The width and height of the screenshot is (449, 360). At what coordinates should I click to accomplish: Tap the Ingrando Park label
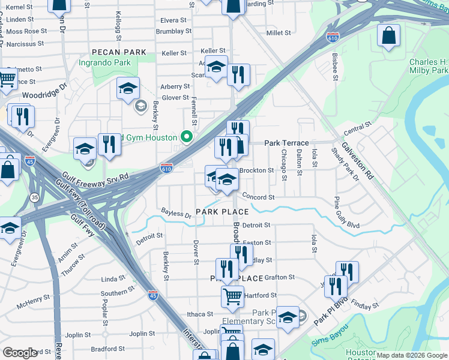pos(105,62)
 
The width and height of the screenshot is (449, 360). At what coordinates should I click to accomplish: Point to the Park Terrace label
pos(286,143)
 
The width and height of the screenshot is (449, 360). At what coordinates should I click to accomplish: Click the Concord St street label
pos(259,197)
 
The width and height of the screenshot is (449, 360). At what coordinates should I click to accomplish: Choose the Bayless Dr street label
pos(176,214)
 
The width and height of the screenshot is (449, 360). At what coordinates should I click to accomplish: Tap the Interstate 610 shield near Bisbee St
pos(332,37)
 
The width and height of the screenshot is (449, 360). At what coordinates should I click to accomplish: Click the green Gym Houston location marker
pos(186,137)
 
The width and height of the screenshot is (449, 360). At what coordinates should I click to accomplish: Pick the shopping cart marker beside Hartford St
pos(232,295)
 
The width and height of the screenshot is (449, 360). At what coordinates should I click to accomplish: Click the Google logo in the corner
pos(20,353)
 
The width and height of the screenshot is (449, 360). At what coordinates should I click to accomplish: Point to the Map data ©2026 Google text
pos(411,355)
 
